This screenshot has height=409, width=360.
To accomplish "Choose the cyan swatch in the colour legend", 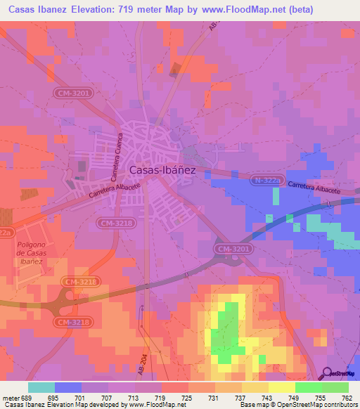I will [41, 387].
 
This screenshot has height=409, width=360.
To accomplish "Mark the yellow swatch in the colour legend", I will [282, 387].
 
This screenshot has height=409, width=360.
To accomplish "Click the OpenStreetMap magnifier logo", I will [327, 373].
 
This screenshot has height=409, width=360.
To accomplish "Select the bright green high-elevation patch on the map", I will [226, 330].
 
